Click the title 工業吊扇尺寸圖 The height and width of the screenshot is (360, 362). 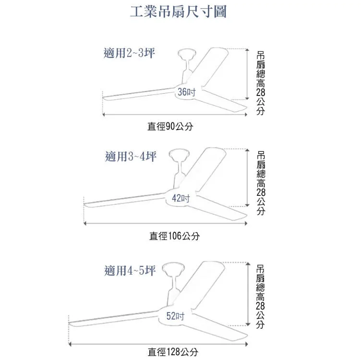pos(178,12)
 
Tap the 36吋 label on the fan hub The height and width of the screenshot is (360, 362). pos(187,92)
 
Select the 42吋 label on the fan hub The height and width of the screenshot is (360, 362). pos(181,198)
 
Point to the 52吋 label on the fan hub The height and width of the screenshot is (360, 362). pos(175,316)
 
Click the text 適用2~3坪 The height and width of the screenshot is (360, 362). pos(129,53)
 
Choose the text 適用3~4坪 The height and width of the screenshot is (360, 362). pos(131,156)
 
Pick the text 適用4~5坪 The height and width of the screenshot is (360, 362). pos(130,270)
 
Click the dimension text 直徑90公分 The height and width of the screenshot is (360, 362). pos(170,126)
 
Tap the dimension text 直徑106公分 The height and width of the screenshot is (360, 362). pos(174,236)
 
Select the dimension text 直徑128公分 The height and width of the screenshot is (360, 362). pos(173,352)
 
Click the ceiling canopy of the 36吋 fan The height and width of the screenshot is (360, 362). pos(187,54)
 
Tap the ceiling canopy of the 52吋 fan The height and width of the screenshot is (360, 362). pos(173,268)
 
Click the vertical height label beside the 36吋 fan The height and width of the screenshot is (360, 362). pos(261,83)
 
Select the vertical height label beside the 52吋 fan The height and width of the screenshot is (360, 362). pos(260,297)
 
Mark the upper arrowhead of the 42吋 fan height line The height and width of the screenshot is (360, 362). pos(247,150)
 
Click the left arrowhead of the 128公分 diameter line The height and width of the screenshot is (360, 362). pos(70,344)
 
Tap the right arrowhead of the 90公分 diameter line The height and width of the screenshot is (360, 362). pos(246,114)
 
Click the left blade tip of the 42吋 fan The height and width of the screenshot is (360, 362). pos(84,204)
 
